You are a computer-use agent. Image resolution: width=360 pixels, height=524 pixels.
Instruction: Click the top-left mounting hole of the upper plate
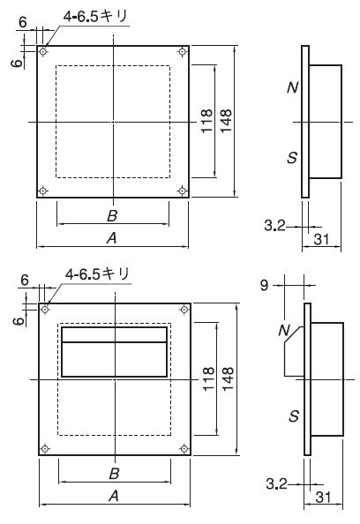click(x=43, y=52)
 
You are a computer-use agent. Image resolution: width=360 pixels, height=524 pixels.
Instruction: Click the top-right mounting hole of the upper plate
click(x=182, y=51)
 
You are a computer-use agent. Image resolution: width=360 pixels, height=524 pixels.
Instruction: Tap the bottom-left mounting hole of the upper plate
click(x=42, y=191)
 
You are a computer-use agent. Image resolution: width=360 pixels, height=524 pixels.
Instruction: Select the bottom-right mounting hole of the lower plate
click(x=184, y=448)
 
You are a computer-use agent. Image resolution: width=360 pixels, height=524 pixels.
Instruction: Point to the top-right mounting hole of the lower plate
click(x=184, y=310)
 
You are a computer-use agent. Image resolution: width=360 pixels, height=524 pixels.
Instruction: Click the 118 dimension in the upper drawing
click(x=206, y=121)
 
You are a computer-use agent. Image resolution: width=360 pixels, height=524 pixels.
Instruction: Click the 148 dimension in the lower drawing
click(x=229, y=379)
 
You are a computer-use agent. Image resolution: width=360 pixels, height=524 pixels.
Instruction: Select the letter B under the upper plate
click(x=112, y=215)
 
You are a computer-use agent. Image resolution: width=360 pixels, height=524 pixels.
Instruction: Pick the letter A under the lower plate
click(x=114, y=496)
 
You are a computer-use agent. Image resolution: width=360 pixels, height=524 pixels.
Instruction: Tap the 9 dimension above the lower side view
click(x=265, y=285)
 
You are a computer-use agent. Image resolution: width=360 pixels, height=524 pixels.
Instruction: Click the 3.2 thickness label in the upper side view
click(x=275, y=226)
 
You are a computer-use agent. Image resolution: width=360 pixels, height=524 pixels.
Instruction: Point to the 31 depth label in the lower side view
click(x=323, y=498)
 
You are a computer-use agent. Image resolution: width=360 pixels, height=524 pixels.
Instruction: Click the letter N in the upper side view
click(x=292, y=87)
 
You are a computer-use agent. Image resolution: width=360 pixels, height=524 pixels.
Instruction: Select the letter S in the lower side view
click(x=294, y=416)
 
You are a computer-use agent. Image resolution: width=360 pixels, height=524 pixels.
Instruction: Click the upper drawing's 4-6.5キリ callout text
click(x=95, y=16)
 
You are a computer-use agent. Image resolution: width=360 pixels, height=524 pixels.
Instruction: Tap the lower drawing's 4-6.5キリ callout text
click(x=97, y=274)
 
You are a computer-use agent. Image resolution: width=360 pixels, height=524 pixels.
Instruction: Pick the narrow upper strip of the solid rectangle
click(x=115, y=334)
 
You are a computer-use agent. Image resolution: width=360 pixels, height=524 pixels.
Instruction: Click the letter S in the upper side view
click(x=292, y=157)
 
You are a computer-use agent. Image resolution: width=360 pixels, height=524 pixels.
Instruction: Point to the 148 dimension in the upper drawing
click(x=226, y=121)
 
